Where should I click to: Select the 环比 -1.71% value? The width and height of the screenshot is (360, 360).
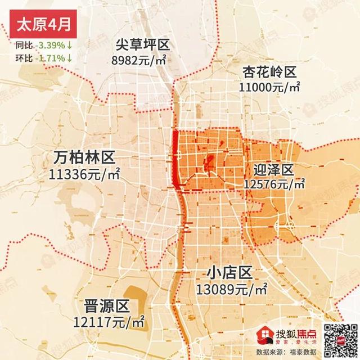[x=51, y=57]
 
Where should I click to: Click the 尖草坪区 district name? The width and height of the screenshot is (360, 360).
[x=142, y=45]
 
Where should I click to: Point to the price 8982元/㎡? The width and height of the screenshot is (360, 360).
[x=142, y=60]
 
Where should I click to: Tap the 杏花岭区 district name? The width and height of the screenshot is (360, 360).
[x=269, y=72]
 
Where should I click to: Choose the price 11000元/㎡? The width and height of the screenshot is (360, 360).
[x=269, y=88]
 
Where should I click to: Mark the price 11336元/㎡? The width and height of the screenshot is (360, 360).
[x=85, y=173]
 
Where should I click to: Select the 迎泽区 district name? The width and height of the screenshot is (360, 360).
[x=274, y=169]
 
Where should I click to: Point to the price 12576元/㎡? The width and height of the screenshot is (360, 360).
[x=274, y=184]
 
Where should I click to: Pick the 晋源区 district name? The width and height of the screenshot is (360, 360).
[x=106, y=307]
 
